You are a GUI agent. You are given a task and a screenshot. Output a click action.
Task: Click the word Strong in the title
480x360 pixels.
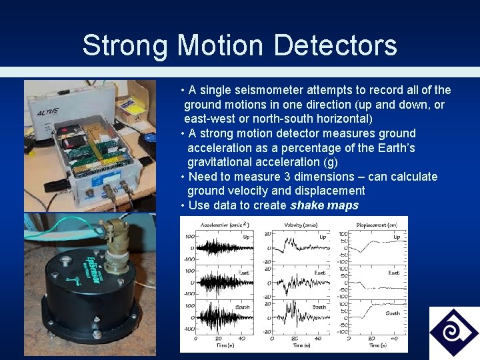(125, 46)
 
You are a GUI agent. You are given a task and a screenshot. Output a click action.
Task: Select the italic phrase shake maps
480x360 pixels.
(324, 205)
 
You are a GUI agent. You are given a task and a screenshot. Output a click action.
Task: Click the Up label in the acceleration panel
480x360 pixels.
(246, 236)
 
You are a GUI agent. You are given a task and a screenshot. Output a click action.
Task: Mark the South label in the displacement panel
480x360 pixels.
(393, 312)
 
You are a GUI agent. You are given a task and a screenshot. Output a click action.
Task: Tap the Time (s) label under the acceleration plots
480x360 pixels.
(223, 345)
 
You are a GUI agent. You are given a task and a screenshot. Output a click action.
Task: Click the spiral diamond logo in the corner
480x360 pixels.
(453, 331)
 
